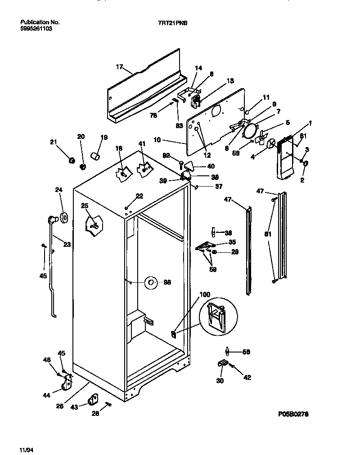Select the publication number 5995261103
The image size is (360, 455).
pyautogui.click(x=33, y=28)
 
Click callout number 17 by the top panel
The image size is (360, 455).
pyautogui.click(x=119, y=67)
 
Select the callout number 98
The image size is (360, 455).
pyautogui.click(x=167, y=282)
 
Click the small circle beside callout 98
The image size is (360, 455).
pyautogui.click(x=151, y=283)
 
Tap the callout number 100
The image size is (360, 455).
pyautogui.click(x=204, y=294)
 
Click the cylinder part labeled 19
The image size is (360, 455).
pyautogui.click(x=95, y=156)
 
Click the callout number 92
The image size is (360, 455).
pyautogui.click(x=166, y=156)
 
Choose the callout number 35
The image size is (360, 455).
pyautogui.click(x=232, y=242)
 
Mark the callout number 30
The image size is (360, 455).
pyautogui.click(x=220, y=381)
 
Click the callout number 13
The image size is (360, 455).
pyautogui.click(x=230, y=81)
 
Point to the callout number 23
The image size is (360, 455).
pyautogui.click(x=67, y=245)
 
